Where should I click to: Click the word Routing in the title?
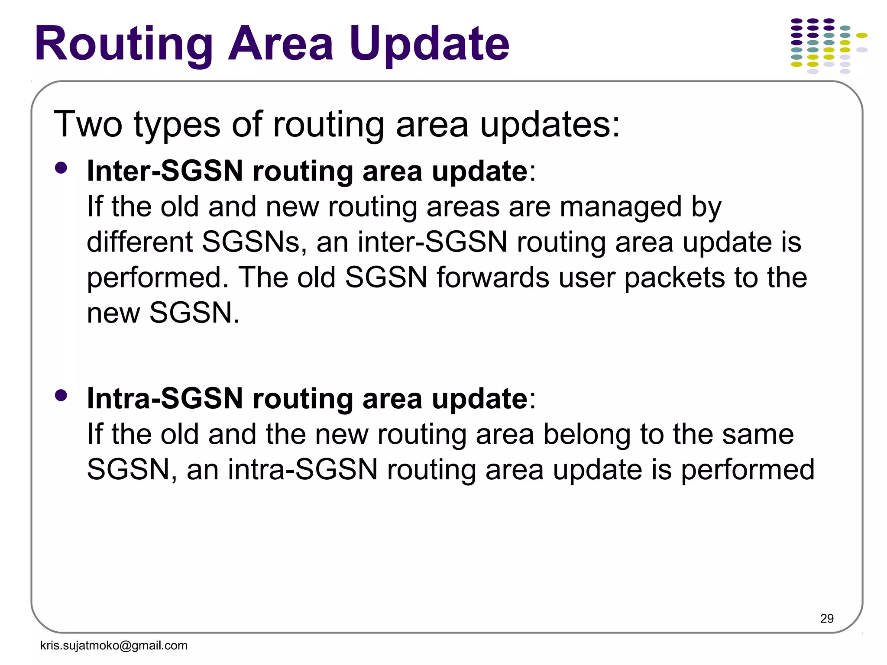coord(123,44)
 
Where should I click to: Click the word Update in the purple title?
coord(429,44)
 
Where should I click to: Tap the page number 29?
coord(827,618)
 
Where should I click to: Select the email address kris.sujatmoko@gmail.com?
coord(114,646)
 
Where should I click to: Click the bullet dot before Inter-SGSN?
coord(61,168)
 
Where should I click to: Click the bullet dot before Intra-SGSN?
coord(61,395)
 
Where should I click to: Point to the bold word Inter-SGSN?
coord(165,171)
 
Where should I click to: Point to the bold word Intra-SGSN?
coord(165,398)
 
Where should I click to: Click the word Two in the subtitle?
coord(88,124)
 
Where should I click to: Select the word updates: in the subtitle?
coord(550,125)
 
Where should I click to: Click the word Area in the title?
coord(281,44)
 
